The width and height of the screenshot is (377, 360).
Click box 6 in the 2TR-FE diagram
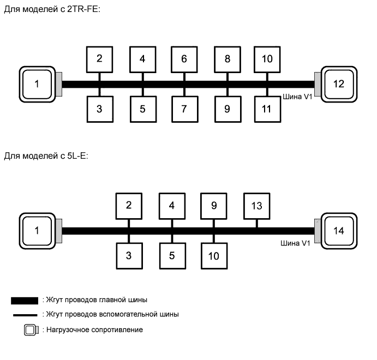(x=184, y=59)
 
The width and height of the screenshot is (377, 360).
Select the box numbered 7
(x=184, y=109)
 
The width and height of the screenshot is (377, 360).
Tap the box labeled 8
(x=228, y=59)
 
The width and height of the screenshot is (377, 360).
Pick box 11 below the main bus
(x=267, y=109)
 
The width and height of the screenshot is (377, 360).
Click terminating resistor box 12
(x=339, y=84)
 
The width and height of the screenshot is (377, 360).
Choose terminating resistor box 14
(x=339, y=230)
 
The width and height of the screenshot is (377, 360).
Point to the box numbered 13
(x=256, y=206)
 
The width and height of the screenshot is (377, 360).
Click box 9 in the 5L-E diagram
(x=214, y=206)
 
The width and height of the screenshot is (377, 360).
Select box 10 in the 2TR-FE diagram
(x=267, y=59)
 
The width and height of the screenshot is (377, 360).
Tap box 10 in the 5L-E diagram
(x=214, y=256)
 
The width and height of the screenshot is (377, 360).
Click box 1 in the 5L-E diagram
(x=37, y=230)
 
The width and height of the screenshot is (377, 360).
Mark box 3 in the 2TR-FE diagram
(x=99, y=109)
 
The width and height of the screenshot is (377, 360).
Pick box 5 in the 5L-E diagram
(x=172, y=256)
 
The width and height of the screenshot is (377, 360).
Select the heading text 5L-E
(x=76, y=156)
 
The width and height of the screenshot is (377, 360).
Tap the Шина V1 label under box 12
(x=298, y=98)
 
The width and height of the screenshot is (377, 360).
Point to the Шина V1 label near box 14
(x=298, y=244)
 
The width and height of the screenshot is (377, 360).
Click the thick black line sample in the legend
(x=25, y=299)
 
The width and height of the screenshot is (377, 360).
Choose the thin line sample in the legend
(x=25, y=315)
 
